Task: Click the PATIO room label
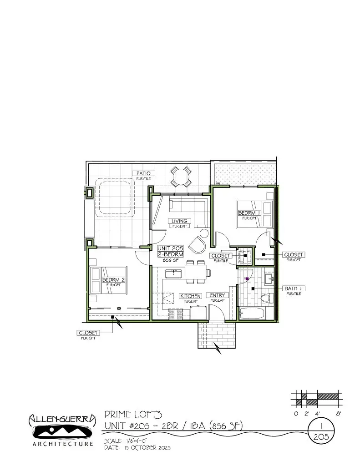click(143, 173)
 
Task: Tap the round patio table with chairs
click(181, 176)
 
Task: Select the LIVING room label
click(179, 221)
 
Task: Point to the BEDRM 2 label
click(113, 279)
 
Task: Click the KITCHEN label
click(190, 296)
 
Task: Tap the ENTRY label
click(217, 295)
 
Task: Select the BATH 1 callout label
click(294, 289)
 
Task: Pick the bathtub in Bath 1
click(252, 314)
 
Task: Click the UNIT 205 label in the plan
click(170, 248)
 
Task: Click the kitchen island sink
click(173, 273)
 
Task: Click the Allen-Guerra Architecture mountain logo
click(61, 431)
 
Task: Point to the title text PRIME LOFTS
click(133, 414)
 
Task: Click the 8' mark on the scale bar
click(338, 414)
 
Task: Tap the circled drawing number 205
click(322, 436)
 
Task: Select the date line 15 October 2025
click(137, 448)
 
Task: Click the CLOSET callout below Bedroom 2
click(88, 333)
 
